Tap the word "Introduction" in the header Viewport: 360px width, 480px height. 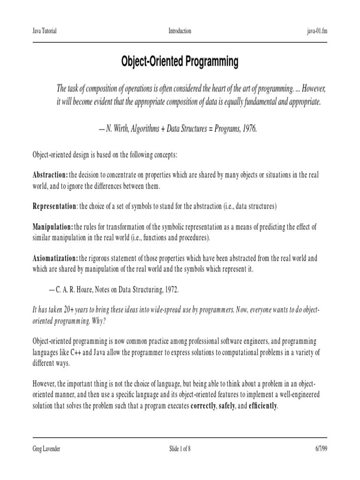pyautogui.click(x=180, y=31)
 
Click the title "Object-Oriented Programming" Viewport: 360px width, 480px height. pyautogui.click(x=180, y=62)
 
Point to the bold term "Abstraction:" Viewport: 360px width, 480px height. pyautogui.click(x=50, y=175)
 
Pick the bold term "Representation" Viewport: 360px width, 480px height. pyautogui.click(x=54, y=206)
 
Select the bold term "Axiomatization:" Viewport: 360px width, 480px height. pyautogui.click(x=55, y=258)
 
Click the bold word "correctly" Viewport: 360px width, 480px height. pyautogui.click(x=202, y=406)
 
